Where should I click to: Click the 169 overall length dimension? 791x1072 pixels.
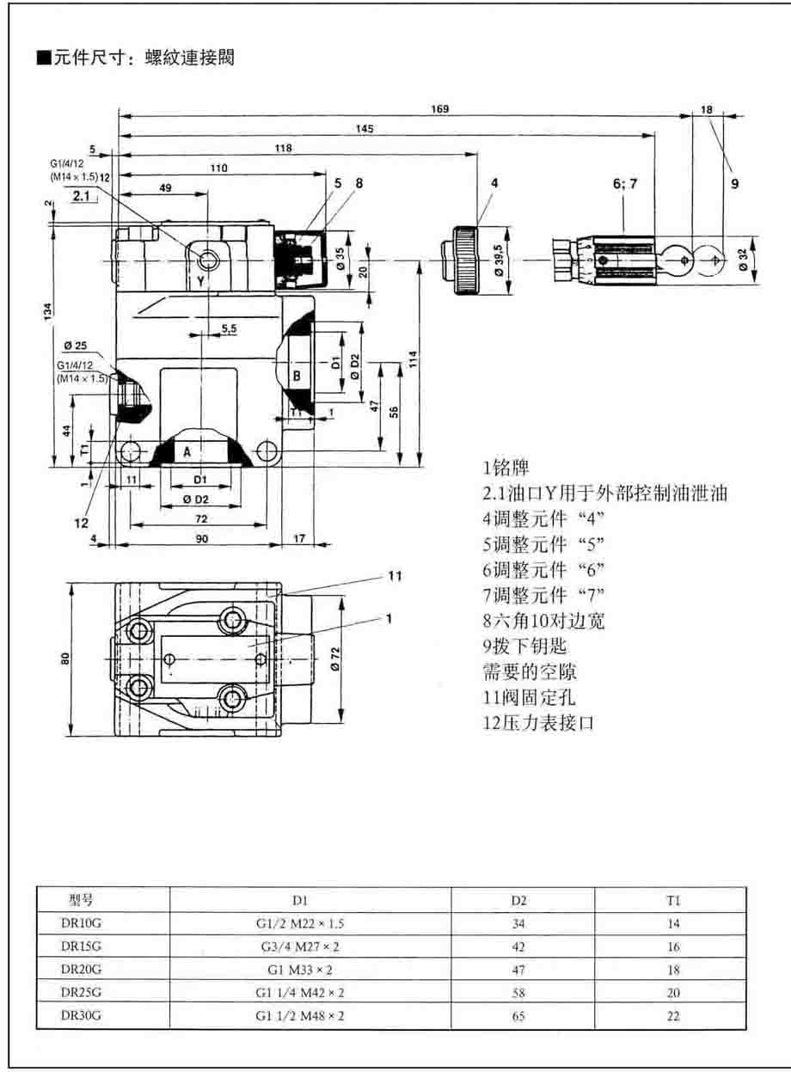tap(439, 109)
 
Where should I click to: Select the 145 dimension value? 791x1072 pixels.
tap(364, 129)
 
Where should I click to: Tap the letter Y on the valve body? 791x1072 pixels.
tap(199, 281)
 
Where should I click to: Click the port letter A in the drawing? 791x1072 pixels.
tap(186, 450)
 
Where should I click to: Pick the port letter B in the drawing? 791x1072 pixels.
tap(296, 375)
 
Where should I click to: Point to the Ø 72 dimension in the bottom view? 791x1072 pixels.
tap(358, 657)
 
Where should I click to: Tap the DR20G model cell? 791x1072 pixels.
tap(81, 970)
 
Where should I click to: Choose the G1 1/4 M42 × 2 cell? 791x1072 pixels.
tap(299, 993)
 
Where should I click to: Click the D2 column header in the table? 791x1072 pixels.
tap(518, 901)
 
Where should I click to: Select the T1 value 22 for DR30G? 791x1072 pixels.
tap(673, 1016)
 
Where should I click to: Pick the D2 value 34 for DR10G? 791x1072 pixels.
tap(518, 924)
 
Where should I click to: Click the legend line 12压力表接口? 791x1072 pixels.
tap(539, 724)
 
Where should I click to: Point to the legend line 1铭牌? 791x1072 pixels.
tap(506, 469)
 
